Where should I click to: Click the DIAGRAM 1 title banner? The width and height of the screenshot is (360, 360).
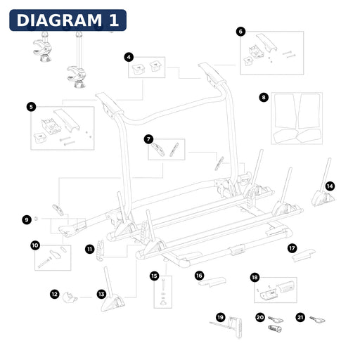tap(67, 20)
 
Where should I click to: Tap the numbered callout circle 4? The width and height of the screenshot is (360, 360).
tap(129, 57)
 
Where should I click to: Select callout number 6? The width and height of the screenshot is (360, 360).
tap(240, 32)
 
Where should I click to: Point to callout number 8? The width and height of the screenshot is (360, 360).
tap(264, 97)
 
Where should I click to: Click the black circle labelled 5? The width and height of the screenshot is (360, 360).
tap(31, 107)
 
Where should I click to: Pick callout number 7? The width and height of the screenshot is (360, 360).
tap(148, 139)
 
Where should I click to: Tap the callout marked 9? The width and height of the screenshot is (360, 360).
tap(27, 220)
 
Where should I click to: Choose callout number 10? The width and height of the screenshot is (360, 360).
tap(35, 245)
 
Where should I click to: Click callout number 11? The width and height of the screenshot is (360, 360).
tap(90, 249)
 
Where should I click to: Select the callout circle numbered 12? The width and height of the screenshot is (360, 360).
tap(55, 294)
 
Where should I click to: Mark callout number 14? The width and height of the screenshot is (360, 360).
tap(330, 186)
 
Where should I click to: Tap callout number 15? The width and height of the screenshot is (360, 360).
tap(154, 276)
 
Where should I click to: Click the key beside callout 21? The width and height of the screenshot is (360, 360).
tap(317, 319)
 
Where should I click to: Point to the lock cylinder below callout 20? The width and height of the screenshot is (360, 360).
tap(275, 328)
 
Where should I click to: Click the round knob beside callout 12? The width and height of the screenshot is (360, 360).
tap(70, 298)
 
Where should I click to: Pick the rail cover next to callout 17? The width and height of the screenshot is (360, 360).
tap(304, 255)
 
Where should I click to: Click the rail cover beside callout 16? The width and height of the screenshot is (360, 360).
tap(212, 282)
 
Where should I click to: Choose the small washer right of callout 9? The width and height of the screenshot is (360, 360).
tap(36, 219)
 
